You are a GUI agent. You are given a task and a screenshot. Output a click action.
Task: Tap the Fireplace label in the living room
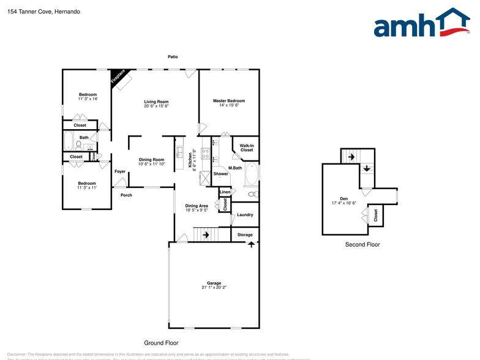pyautogui.click(x=118, y=77)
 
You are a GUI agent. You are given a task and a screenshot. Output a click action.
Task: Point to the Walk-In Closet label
pyautogui.click(x=246, y=148)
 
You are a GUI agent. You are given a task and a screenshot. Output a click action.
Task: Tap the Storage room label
pyautogui.click(x=245, y=234)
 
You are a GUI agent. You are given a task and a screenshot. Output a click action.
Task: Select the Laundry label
pyautogui.click(x=245, y=215)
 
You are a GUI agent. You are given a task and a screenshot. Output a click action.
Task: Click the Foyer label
pyautogui.click(x=120, y=171)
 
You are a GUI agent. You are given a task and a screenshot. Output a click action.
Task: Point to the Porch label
pyautogui.click(x=126, y=195)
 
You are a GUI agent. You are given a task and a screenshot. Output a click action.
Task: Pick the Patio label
pyautogui.click(x=173, y=57)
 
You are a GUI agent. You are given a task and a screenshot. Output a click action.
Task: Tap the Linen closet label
pyautogui.click(x=225, y=192)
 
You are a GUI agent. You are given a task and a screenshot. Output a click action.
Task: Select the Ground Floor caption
pyautogui.click(x=161, y=343)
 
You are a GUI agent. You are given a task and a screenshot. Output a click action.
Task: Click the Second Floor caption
pyautogui.click(x=362, y=244)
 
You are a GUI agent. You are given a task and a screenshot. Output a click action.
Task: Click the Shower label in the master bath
pyautogui.click(x=220, y=174)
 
